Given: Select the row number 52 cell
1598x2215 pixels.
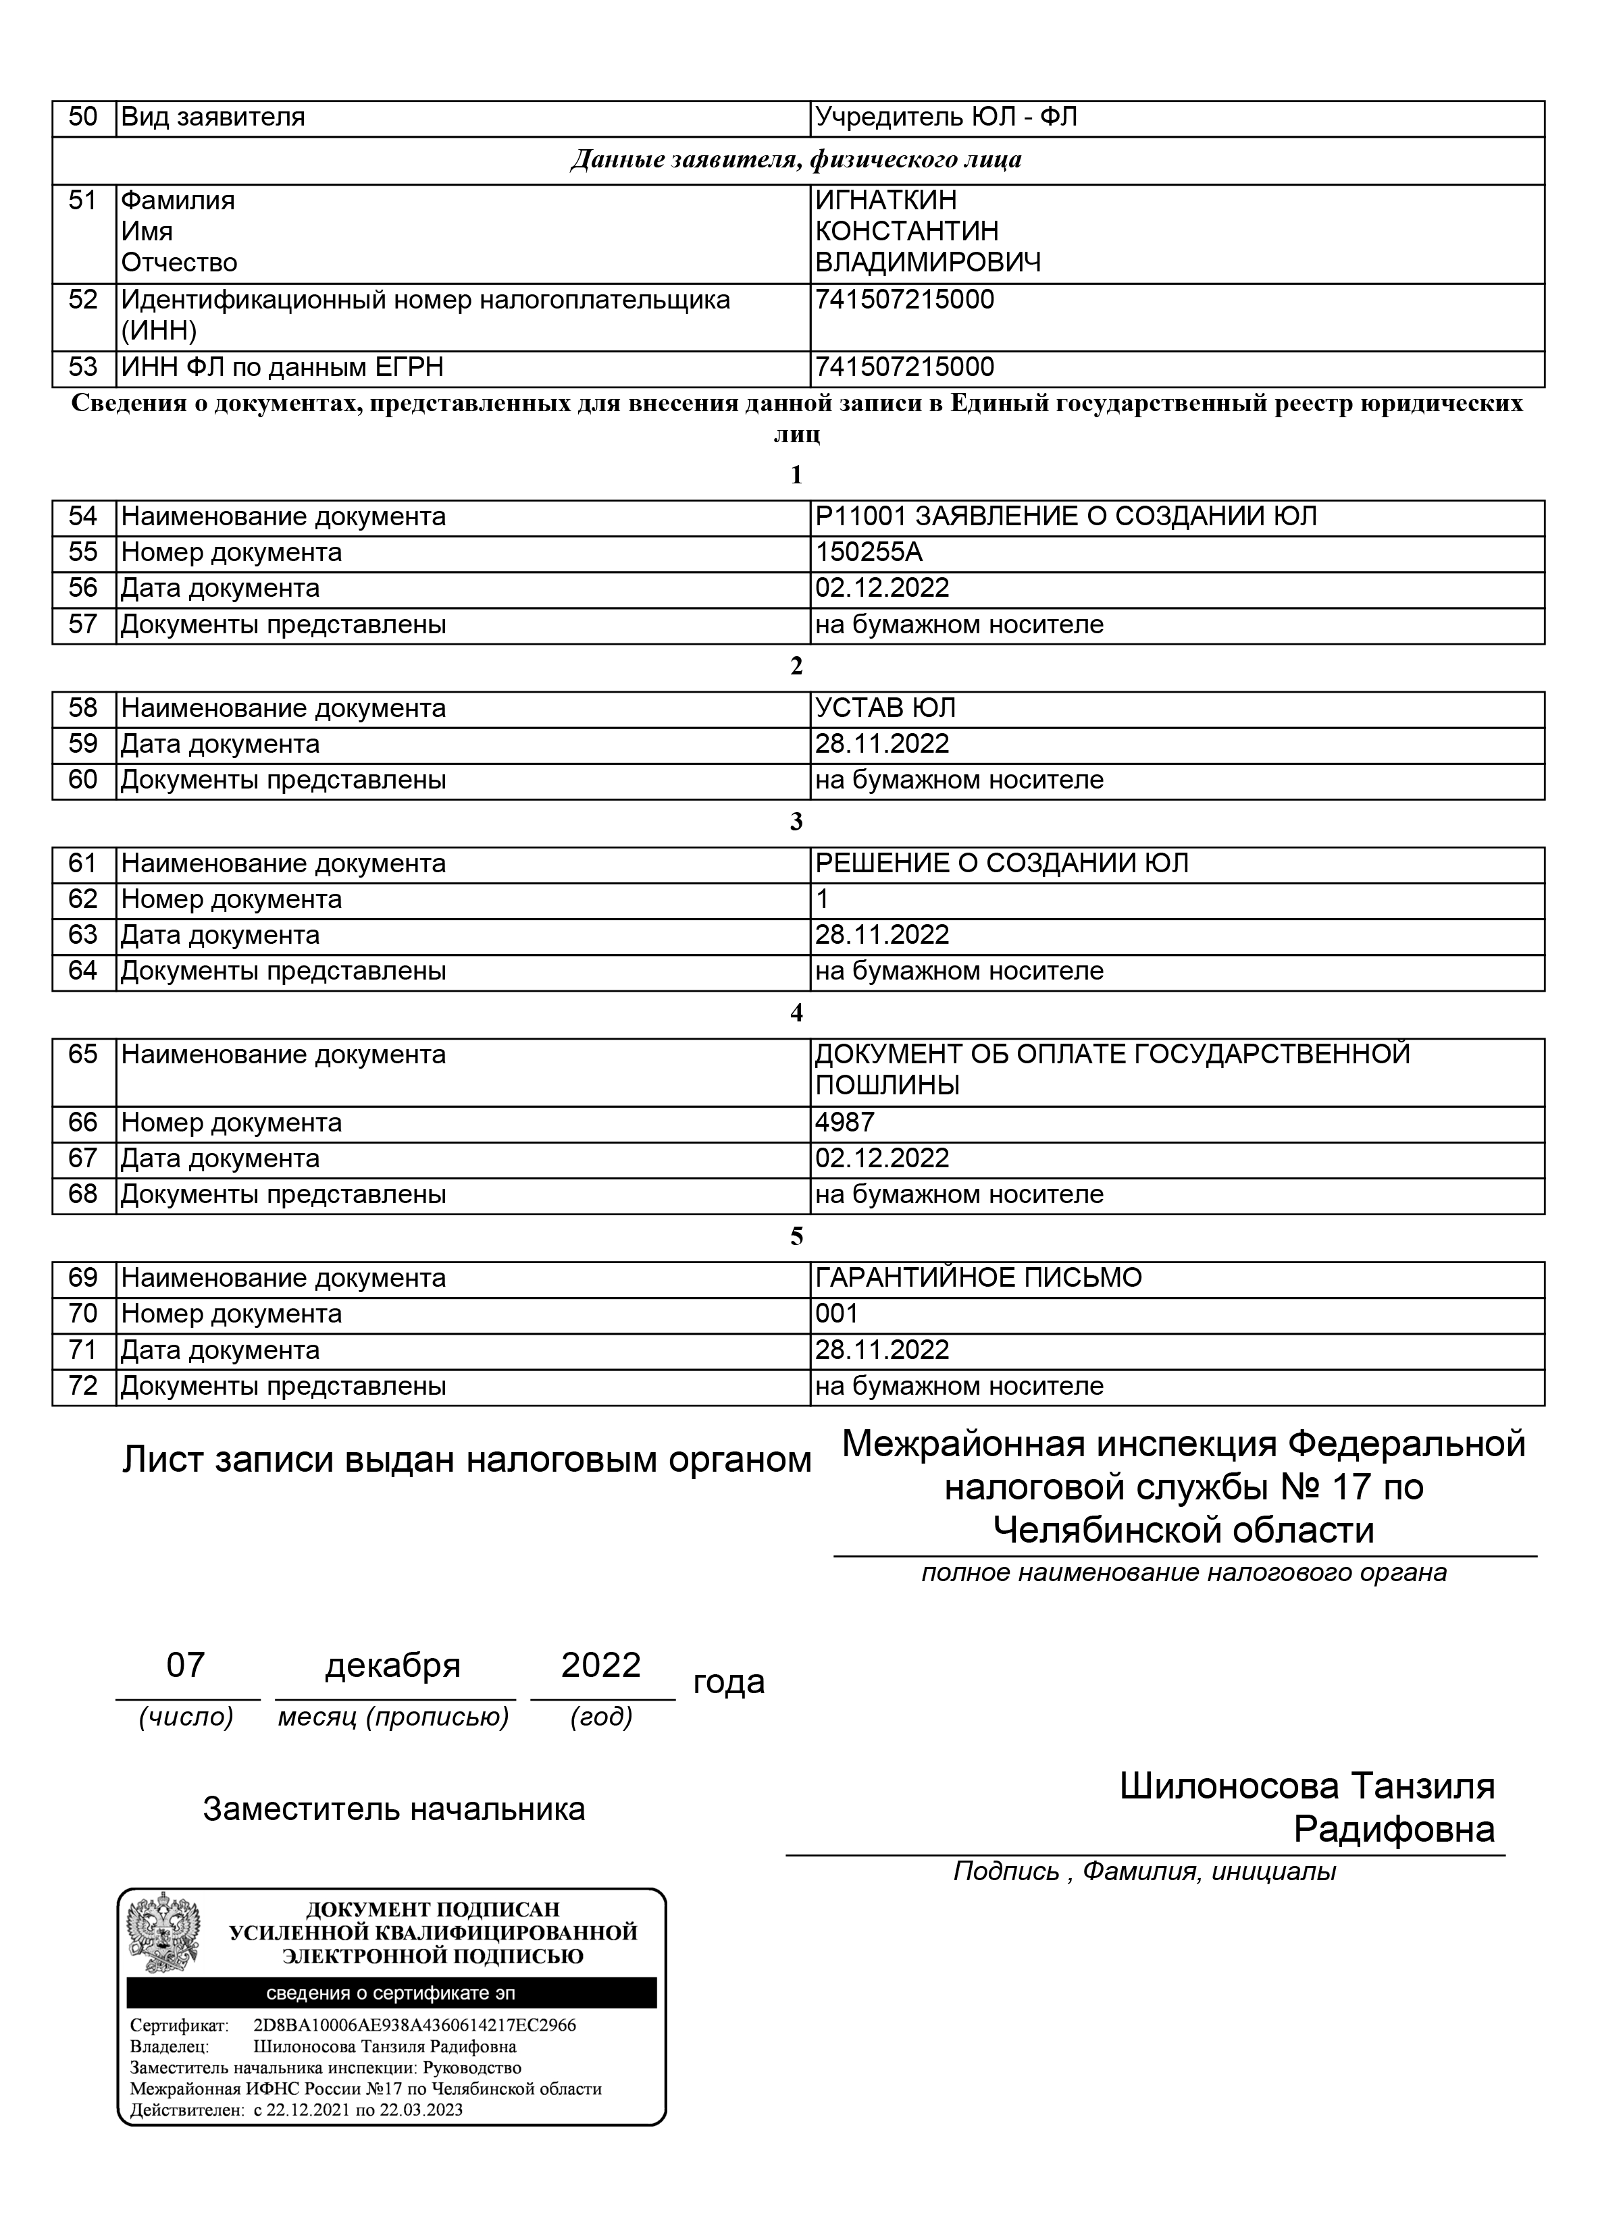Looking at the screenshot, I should pos(83,300).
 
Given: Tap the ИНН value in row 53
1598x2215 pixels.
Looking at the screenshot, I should pos(904,367).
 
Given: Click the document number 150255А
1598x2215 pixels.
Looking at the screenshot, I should pos(869,553).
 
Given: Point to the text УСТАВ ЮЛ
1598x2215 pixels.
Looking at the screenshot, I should pos(885,708).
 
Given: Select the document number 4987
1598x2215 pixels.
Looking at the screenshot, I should pos(845,1122).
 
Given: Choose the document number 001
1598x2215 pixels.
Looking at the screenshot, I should pos(836,1314).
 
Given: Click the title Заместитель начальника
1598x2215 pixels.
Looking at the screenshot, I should pos(394,1809).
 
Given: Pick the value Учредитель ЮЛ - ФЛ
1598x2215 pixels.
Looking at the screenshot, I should pos(946,117).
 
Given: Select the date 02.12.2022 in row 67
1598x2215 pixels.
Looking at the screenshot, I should pos(882,1158).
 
